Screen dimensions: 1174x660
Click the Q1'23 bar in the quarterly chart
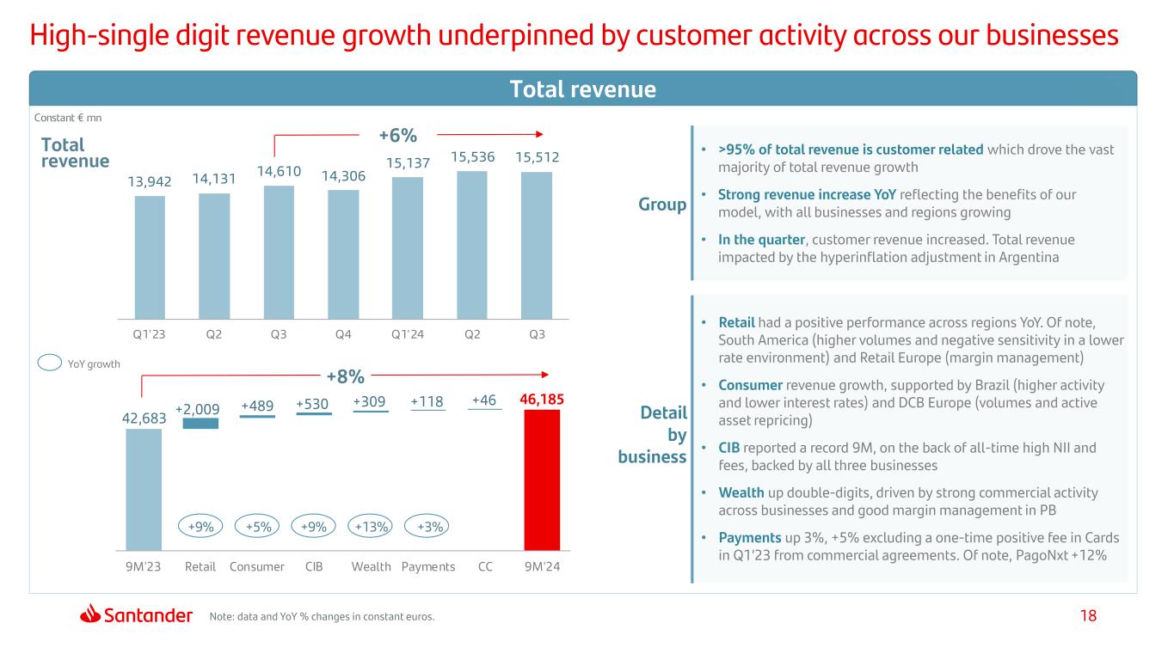tap(150, 257)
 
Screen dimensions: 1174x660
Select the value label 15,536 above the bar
tap(473, 156)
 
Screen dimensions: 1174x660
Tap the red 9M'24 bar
tap(542, 480)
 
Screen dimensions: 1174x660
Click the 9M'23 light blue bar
tap(144, 490)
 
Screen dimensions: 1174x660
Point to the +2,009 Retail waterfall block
tap(200, 423)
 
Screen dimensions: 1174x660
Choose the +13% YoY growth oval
tap(371, 526)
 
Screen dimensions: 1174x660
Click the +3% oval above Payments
tap(427, 526)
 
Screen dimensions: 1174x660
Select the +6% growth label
tap(398, 135)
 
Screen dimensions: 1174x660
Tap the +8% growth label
tap(346, 376)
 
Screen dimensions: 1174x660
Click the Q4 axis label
tap(343, 334)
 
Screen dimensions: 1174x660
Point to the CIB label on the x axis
tap(314, 567)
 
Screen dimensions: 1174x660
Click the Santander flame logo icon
tap(90, 614)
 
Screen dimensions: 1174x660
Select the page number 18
tap(1088, 615)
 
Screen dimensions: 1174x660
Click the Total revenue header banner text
tap(583, 89)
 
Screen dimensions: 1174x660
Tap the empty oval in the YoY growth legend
tap(50, 363)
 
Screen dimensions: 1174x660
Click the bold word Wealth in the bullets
tap(741, 492)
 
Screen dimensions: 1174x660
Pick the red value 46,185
tap(542, 399)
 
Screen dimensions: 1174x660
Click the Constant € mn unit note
tap(68, 118)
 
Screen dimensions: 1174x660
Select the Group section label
tap(662, 205)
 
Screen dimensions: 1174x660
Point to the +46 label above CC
tap(483, 400)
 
